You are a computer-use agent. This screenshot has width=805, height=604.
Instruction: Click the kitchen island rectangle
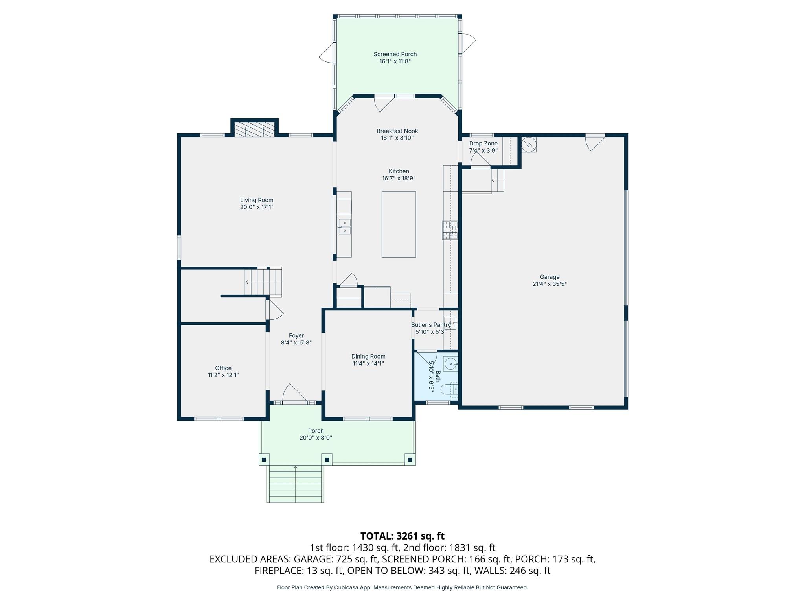click(399, 224)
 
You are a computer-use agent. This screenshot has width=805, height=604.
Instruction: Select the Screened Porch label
click(395, 54)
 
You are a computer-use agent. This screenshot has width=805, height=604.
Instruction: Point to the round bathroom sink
click(450, 364)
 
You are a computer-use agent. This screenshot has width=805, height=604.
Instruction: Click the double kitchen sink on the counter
click(344, 227)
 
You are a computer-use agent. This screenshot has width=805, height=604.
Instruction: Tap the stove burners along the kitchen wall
click(450, 230)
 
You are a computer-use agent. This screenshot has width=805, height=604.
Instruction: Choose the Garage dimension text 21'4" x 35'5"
click(550, 284)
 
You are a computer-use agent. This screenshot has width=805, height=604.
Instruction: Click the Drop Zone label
click(483, 144)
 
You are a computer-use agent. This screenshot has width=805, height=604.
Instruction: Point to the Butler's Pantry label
click(431, 325)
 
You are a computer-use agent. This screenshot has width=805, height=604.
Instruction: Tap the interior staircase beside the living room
click(263, 282)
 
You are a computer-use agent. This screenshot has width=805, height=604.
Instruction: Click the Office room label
click(223, 368)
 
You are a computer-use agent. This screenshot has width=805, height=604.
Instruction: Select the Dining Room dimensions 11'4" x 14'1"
click(368, 364)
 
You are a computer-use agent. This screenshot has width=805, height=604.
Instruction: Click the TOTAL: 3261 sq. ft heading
click(402, 536)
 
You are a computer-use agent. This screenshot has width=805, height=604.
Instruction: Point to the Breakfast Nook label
click(397, 131)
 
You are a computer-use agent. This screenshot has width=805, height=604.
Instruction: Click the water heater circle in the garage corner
click(529, 144)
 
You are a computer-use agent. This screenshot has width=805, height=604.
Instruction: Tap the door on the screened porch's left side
click(326, 53)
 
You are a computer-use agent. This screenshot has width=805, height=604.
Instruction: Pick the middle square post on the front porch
click(327, 459)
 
